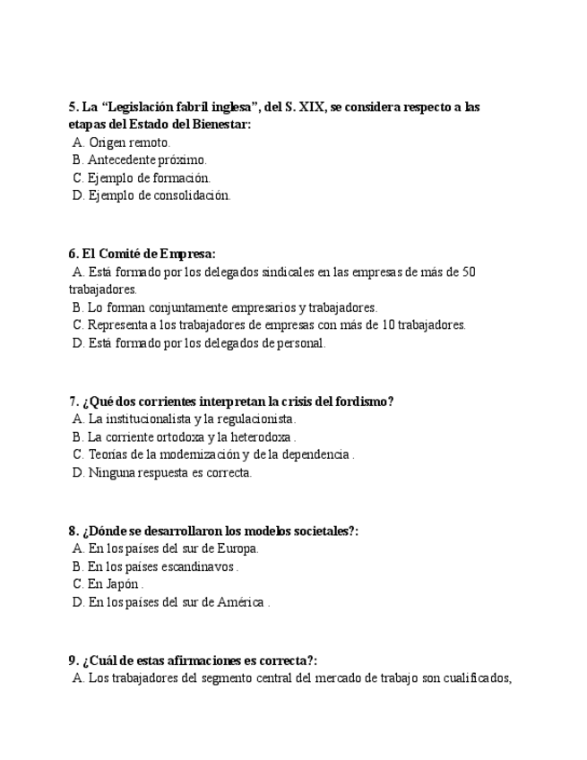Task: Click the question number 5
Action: (x=73, y=107)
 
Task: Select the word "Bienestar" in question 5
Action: (x=218, y=125)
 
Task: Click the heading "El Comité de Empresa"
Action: (x=148, y=254)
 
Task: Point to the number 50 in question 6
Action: (x=467, y=272)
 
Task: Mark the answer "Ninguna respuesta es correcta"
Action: (x=169, y=472)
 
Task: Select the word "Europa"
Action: (x=237, y=548)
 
